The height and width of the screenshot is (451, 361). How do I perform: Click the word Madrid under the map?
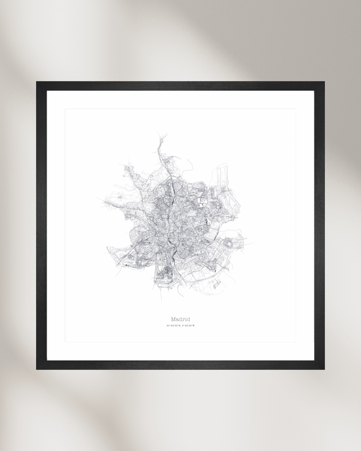180,318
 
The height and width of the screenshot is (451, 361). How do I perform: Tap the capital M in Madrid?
174,318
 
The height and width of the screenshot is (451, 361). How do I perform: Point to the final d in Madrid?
188,318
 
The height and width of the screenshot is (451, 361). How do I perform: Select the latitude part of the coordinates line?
173,326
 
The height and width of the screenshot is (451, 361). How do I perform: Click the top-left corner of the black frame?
37,83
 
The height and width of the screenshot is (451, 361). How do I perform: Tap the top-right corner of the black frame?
323,83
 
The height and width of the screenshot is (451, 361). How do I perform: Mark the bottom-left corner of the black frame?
37,368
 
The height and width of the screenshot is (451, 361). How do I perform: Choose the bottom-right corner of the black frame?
323,368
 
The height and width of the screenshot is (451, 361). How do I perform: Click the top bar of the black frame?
180,86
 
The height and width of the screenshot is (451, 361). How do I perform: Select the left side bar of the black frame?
41,225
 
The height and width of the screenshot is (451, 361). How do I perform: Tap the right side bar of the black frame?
320,225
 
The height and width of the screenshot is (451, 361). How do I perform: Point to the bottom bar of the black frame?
180,364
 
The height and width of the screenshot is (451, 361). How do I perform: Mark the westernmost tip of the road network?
99,200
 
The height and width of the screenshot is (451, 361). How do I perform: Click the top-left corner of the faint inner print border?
66,109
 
